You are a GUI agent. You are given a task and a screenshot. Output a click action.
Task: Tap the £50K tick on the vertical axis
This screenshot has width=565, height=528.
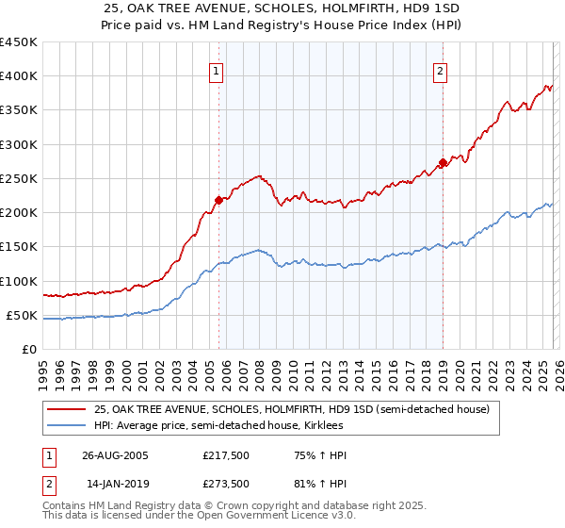coord(22,315)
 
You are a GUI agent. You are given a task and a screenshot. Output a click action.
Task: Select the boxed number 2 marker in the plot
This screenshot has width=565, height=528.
coord(440,70)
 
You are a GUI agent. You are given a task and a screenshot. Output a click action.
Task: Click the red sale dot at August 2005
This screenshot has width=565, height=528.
coord(218,200)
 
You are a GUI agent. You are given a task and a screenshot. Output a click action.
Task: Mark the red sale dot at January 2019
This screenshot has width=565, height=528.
coord(443,161)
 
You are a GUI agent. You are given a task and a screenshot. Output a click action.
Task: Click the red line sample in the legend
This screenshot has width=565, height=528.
coord(68,410)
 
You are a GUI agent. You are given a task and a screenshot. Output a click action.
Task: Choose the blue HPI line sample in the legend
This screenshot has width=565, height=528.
coord(68,425)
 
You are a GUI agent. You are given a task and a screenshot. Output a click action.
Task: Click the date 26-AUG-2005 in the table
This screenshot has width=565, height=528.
coord(116,455)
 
